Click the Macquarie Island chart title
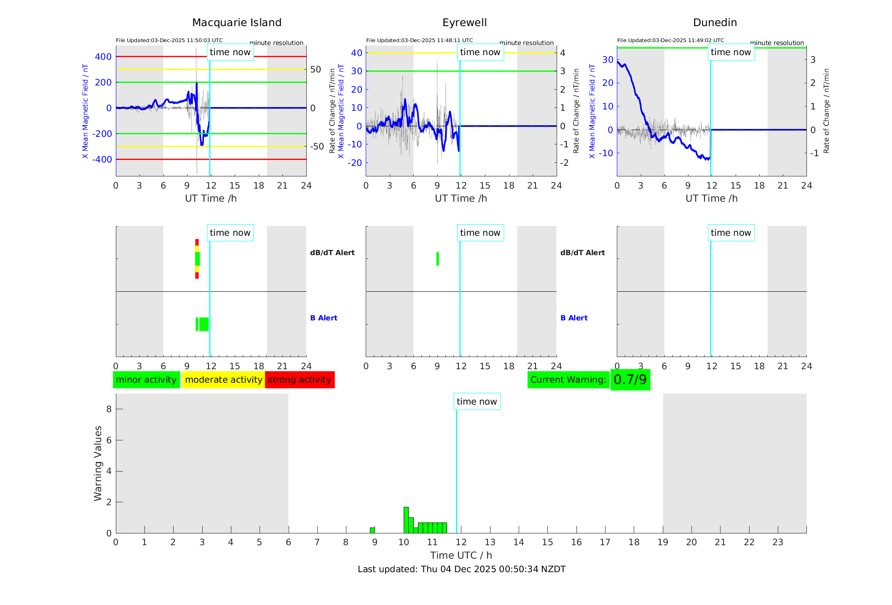pos(237,23)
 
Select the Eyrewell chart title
pos(464,23)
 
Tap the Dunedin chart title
pos(715,23)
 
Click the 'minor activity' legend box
pos(146,380)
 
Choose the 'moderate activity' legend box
pos(223,380)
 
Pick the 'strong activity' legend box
pos(300,380)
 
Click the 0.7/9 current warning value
pos(630,380)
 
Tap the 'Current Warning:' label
pos(568,380)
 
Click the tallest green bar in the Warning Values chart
pos(406,520)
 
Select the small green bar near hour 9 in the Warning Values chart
pos(372,530)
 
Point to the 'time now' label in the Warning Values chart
pos(477,402)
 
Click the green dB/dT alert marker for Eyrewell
pos(438,259)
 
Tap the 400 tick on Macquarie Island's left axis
pos(103,56)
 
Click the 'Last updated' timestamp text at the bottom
pos(461,569)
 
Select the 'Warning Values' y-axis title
pos(98,463)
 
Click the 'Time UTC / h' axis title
pos(461,555)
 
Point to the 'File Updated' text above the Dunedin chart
pos(670,40)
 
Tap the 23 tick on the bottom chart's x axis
pos(777,542)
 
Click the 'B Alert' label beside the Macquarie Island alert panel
pos(324,318)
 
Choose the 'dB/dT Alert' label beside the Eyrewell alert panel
pos(582,253)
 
